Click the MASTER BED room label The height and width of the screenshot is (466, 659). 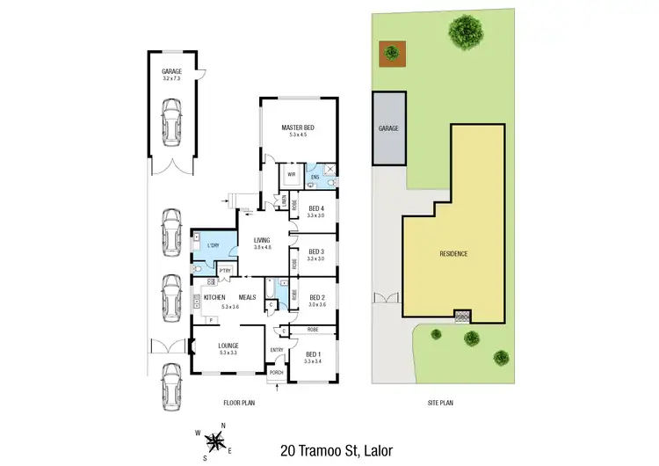(298, 128)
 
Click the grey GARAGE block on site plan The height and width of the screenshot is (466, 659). (388, 128)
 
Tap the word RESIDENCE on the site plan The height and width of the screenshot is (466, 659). (453, 254)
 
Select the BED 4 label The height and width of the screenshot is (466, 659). (316, 208)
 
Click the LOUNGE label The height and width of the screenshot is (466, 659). (228, 346)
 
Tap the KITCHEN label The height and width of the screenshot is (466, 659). (215, 298)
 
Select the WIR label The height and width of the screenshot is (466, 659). (291, 175)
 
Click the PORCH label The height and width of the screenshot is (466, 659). (276, 372)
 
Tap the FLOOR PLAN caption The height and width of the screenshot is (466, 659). (240, 404)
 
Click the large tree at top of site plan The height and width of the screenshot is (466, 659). (464, 33)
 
